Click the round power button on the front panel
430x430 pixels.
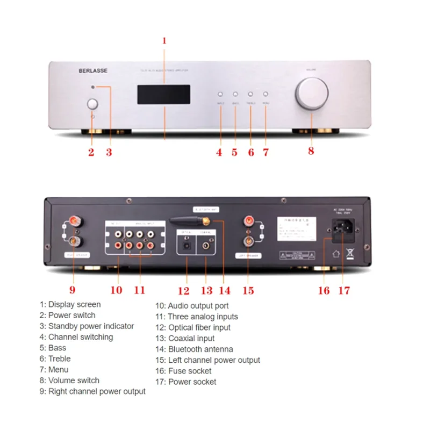click(92, 104)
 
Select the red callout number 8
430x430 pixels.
click(311, 151)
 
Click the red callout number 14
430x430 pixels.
click(225, 290)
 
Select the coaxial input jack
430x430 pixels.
click(207, 245)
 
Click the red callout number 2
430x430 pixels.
click(91, 152)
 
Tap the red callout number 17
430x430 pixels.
click(344, 290)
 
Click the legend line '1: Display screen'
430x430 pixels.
click(70, 304)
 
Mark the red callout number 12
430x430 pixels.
click(184, 291)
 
